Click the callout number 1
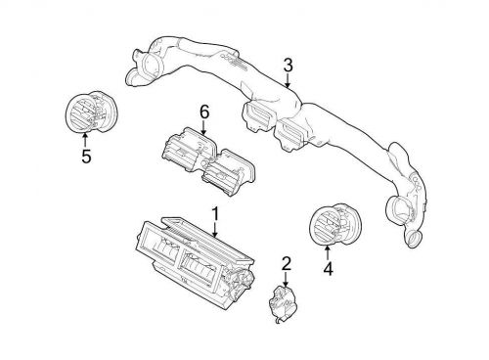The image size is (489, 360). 214,212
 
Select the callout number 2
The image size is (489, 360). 286,262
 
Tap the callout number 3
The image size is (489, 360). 288,67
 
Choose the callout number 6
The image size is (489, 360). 204,113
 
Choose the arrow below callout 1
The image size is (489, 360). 214,228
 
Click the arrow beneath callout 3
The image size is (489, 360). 288,81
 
